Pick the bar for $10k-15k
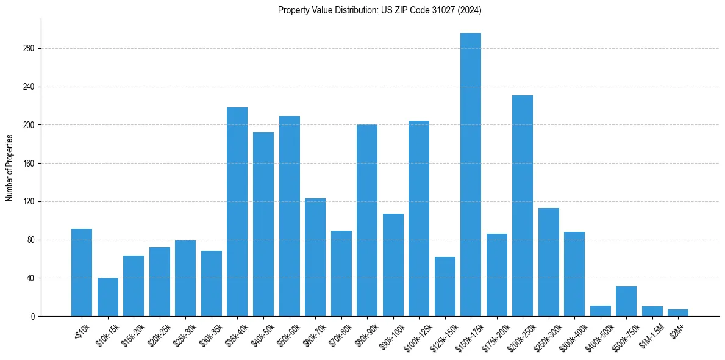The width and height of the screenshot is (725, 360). click(x=108, y=297)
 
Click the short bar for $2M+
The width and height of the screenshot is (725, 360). click(x=678, y=313)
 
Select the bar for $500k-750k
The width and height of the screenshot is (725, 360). click(x=626, y=301)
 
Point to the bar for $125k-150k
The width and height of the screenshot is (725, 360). click(x=445, y=287)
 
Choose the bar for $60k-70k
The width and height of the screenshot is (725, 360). click(x=315, y=257)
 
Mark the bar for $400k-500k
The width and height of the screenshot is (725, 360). click(x=601, y=311)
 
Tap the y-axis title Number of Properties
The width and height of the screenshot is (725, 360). click(x=10, y=168)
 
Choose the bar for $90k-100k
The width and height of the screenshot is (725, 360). click(x=393, y=265)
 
